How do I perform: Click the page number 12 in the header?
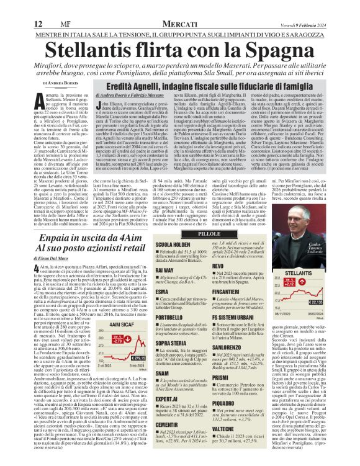[x=19, y=6]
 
